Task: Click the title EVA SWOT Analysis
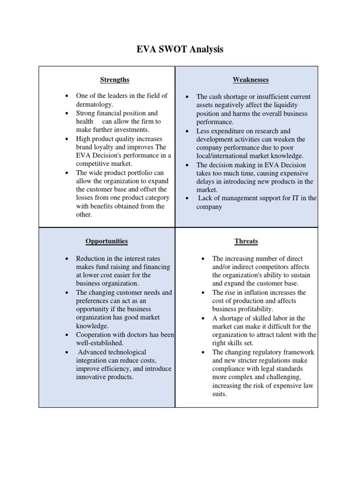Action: click(180, 49)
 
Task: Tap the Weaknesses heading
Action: click(251, 80)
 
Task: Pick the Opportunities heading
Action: click(106, 241)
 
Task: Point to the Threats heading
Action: click(246, 241)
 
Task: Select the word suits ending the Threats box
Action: click(219, 394)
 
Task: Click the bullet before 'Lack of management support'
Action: click(187, 198)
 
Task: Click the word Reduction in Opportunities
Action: click(91, 258)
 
